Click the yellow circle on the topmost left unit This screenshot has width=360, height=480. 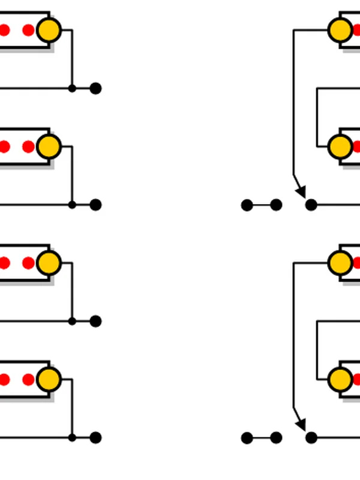pos(49,30)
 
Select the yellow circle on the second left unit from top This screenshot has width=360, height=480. pos(49,146)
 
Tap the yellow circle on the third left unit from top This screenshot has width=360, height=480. pos(49,263)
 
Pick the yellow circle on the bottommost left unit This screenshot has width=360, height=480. pos(49,379)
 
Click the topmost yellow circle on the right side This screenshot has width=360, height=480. pos(340,29)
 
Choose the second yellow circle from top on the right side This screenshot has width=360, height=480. pos(340,146)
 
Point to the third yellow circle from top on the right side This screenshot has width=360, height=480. pos(340,262)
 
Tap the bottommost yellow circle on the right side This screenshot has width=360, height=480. pos(340,379)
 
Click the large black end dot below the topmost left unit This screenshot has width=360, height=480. pos(95,88)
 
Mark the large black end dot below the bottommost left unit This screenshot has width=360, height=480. pos(95,438)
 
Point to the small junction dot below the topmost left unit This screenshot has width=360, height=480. pos(72,88)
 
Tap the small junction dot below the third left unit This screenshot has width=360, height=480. pos(72,322)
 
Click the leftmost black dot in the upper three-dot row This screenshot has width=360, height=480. pos(247,205)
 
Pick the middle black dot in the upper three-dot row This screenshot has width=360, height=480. pos(276,205)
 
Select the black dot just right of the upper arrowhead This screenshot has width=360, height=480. pos(311,205)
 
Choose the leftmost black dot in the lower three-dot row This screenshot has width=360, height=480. pos(247,438)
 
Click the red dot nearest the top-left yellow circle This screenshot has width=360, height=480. pos(28,30)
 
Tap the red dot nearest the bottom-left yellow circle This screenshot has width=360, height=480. pos(28,379)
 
